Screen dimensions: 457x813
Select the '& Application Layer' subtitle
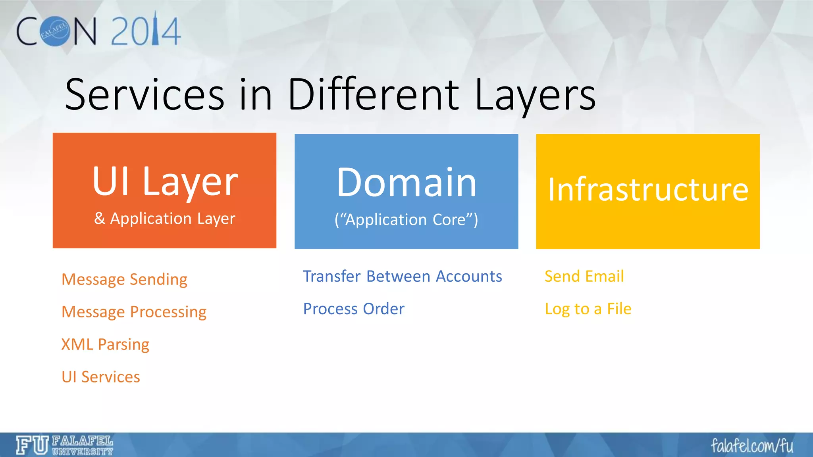click(x=165, y=219)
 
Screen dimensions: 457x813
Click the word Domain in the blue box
click(x=406, y=182)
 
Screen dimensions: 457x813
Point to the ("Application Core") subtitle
click(x=406, y=219)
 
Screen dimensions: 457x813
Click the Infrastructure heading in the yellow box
click(x=648, y=190)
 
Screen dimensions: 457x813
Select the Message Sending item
click(x=124, y=279)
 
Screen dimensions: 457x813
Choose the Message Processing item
click(x=134, y=312)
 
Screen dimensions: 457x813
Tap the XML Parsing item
click(x=105, y=344)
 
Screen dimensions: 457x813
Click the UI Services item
click(x=101, y=377)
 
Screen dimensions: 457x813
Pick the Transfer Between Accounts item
click(x=402, y=276)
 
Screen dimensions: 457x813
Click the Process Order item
click(x=354, y=309)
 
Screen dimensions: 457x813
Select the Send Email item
click(x=584, y=276)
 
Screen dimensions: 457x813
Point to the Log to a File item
click(x=588, y=309)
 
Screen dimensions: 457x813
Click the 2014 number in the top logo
click(x=146, y=31)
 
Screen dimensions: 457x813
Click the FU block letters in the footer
click(x=32, y=445)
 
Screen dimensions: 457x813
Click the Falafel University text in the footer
click(x=83, y=445)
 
